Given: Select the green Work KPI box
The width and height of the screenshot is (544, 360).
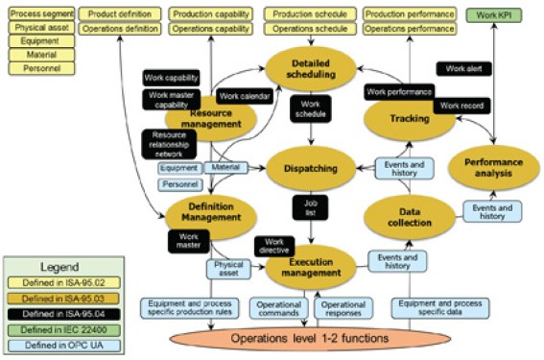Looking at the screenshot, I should [x=500, y=15].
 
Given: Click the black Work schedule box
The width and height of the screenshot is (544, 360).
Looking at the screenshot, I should [x=309, y=108].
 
